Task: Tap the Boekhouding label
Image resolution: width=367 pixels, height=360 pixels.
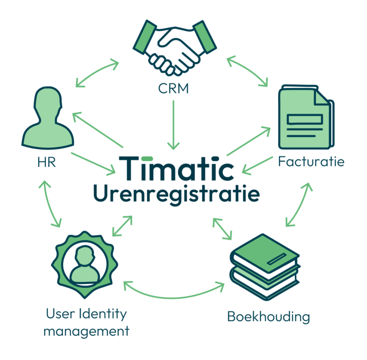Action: click(268, 316)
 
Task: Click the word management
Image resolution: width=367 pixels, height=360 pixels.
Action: click(86, 331)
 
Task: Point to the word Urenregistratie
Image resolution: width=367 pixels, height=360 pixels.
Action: click(177, 194)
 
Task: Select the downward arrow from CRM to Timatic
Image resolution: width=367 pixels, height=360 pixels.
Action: click(175, 124)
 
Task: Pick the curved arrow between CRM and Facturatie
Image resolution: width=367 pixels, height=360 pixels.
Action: click(248, 71)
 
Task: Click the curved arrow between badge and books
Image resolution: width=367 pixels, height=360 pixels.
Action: click(174, 291)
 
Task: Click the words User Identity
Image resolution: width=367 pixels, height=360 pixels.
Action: click(86, 314)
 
